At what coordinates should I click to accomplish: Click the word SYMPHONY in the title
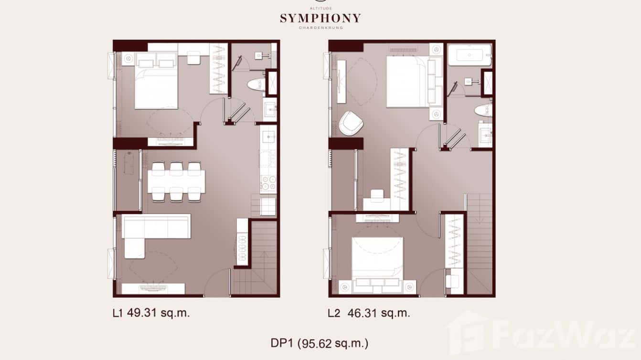pyautogui.click(x=320, y=19)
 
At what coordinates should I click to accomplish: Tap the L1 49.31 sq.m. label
pyautogui.click(x=151, y=313)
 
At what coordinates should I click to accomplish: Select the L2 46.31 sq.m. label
pyautogui.click(x=369, y=313)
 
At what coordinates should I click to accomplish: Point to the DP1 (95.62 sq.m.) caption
pyautogui.click(x=319, y=343)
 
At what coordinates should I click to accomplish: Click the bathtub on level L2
pyautogui.click(x=470, y=54)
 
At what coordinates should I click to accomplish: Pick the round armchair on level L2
pyautogui.click(x=351, y=122)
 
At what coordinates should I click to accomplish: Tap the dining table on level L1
pyautogui.click(x=176, y=181)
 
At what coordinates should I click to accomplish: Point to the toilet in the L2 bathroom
pyautogui.click(x=483, y=110)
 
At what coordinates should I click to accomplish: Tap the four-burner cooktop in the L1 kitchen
pyautogui.click(x=268, y=182)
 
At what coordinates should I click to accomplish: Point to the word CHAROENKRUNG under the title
pyautogui.click(x=320, y=28)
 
